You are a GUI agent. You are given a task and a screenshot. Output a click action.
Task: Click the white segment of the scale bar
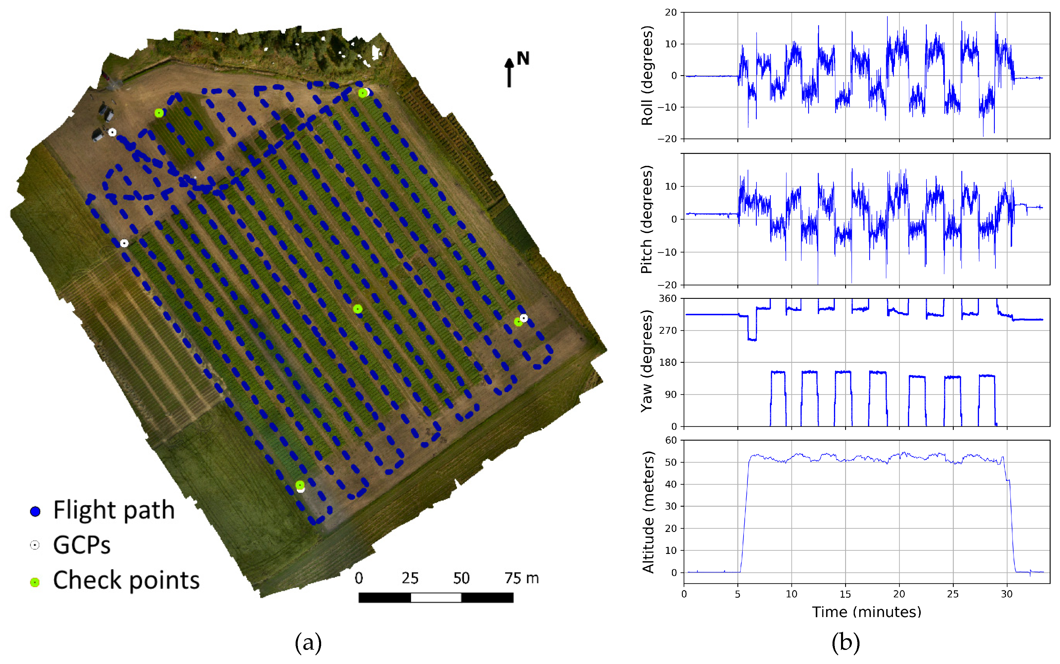coord(436,597)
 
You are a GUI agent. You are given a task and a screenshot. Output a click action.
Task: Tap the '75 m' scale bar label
coord(521,578)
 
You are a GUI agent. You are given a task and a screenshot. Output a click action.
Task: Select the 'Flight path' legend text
coord(114,510)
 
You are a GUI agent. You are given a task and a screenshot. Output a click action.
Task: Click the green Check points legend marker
coord(35,582)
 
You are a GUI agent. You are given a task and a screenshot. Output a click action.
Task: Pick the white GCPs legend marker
coord(35,545)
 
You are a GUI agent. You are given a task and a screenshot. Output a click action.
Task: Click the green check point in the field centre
coord(358,309)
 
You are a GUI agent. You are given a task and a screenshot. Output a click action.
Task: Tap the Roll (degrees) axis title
coord(647,75)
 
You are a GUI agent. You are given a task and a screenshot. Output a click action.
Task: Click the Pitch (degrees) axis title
coord(647,219)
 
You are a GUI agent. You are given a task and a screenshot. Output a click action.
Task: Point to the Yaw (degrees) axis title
coord(647,361)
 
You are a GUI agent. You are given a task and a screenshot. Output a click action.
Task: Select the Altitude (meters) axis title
coord(648,512)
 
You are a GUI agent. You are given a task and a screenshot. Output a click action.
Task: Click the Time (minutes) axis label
coord(866,612)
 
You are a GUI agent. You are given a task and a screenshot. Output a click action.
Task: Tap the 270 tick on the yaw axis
coord(668,330)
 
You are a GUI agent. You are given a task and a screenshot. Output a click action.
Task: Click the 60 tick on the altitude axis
coord(671,440)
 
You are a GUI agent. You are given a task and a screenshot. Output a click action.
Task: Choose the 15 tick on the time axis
coord(845,594)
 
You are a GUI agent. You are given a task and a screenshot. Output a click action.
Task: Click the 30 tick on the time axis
coord(1007,594)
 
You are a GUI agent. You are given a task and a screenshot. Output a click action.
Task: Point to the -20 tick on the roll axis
coord(667,139)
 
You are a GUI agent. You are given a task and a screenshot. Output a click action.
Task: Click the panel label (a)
coord(308,643)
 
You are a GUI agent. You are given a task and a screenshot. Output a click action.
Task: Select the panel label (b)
coord(845,643)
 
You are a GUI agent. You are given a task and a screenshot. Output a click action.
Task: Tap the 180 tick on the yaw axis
coord(668,362)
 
